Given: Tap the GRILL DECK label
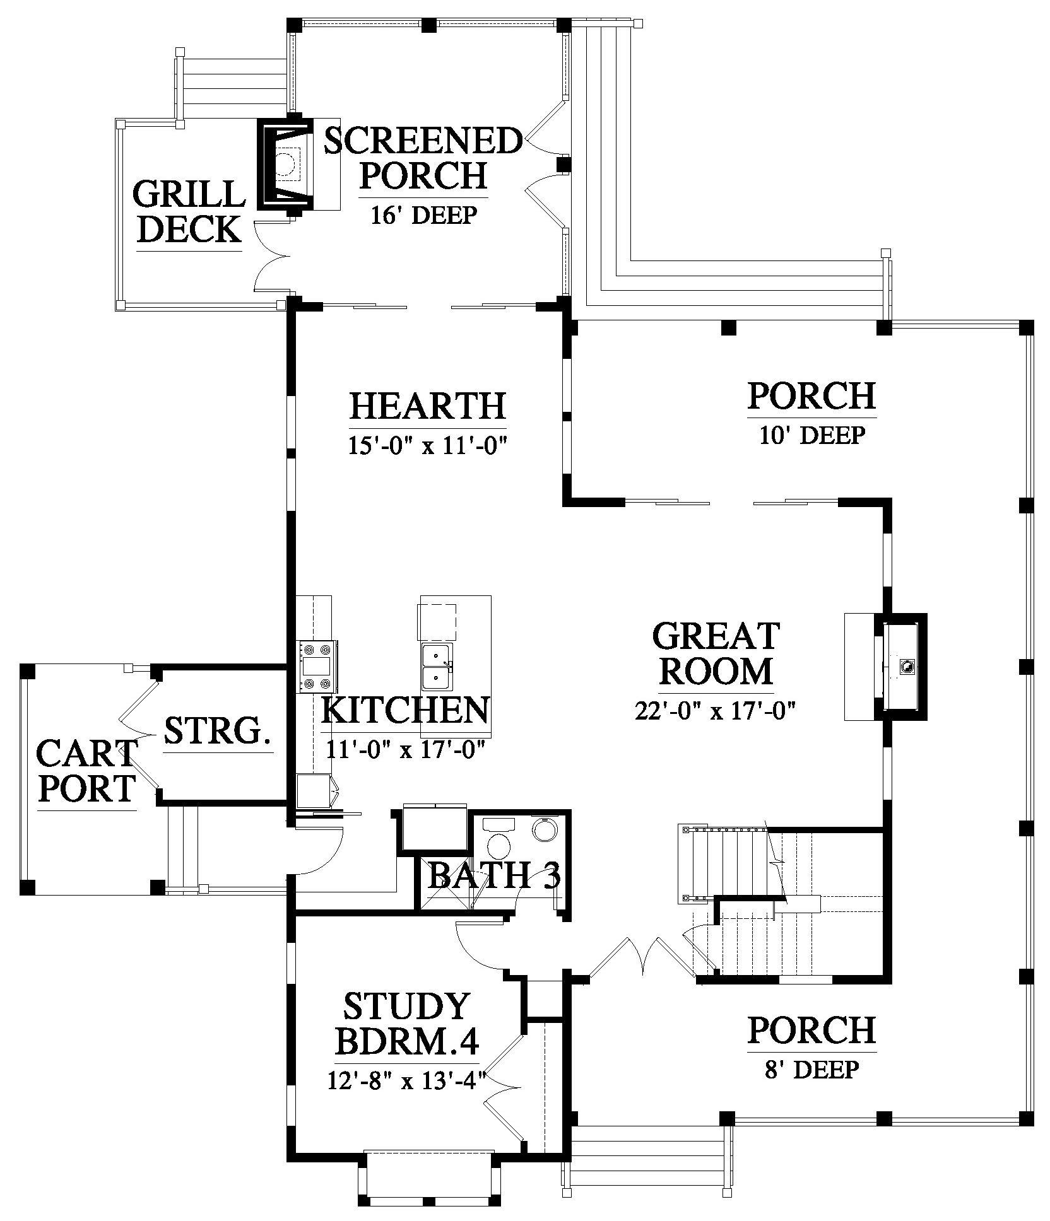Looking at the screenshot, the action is tap(189, 211).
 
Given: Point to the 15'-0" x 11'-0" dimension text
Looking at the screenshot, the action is tap(428, 446).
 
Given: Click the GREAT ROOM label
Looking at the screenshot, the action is tap(716, 653).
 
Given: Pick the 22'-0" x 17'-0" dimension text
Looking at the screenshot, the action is tap(714, 711).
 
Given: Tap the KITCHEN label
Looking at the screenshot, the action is tap(405, 710).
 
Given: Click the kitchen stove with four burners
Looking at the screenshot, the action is tap(317, 667).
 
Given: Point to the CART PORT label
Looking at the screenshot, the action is tap(86, 769).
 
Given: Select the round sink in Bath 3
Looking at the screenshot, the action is tap(545, 829).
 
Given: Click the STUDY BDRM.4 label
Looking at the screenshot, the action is tap(407, 1041).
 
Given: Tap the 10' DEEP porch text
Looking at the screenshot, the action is tap(811, 435).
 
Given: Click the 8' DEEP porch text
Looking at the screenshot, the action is tap(811, 1070).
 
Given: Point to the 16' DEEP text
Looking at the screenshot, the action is tap(423, 215).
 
